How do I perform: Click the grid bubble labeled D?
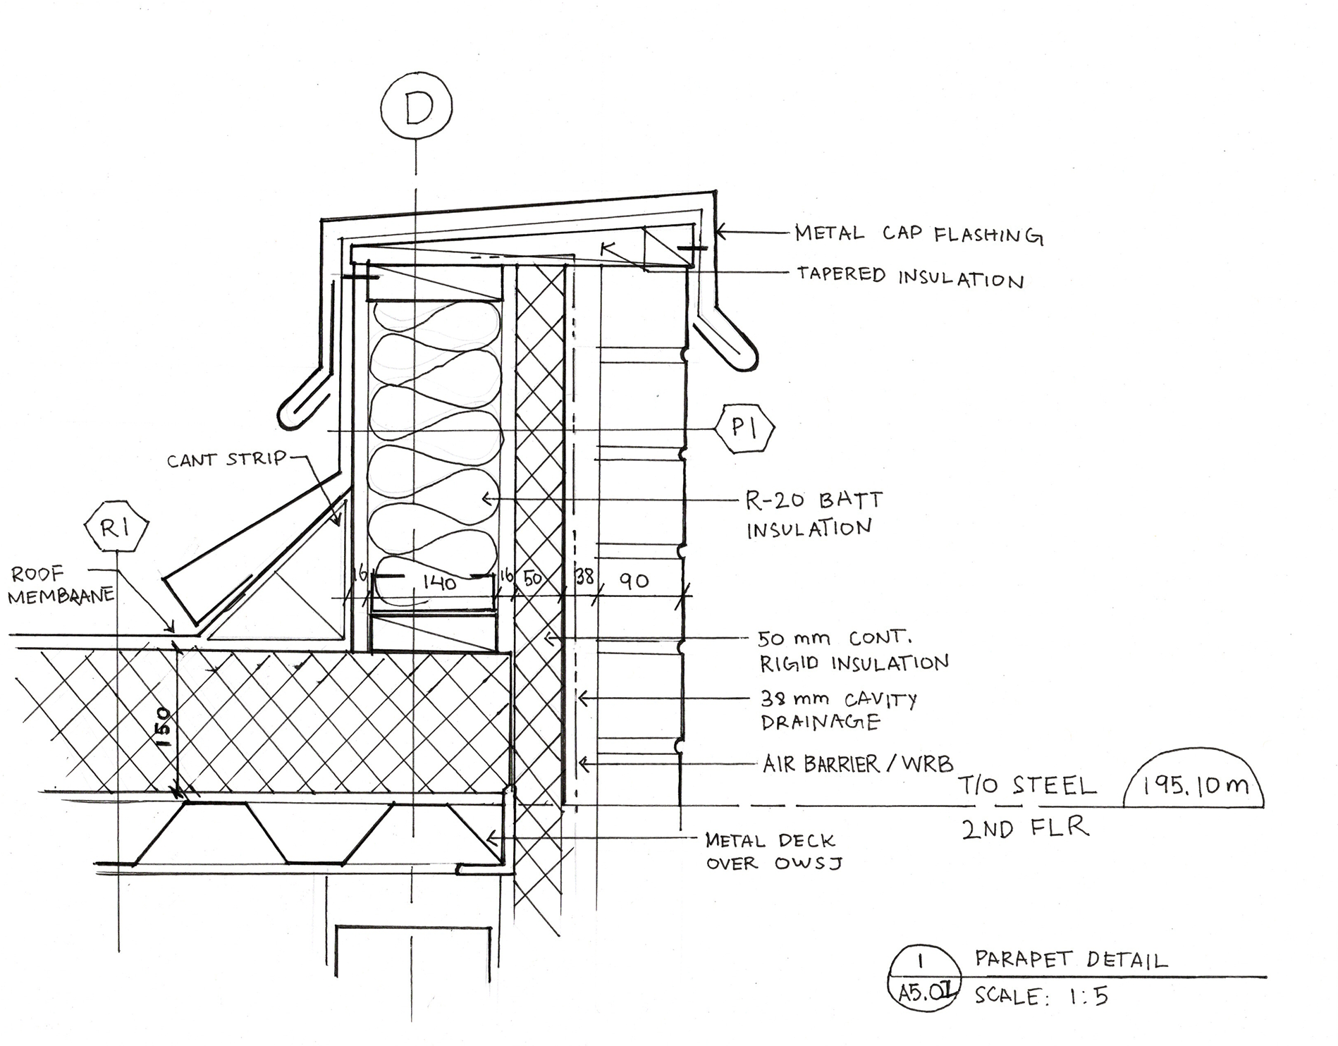click(416, 108)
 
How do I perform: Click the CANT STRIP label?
click(226, 460)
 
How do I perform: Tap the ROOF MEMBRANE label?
click(60, 585)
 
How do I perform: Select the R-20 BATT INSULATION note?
click(813, 514)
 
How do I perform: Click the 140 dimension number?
click(438, 582)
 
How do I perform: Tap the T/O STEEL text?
click(1027, 785)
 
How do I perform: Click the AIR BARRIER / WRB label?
click(857, 763)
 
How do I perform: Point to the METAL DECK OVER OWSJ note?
click(773, 851)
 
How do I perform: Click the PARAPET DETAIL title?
click(1071, 959)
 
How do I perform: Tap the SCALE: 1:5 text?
click(1042, 995)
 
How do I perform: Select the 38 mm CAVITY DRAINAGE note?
click(837, 710)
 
